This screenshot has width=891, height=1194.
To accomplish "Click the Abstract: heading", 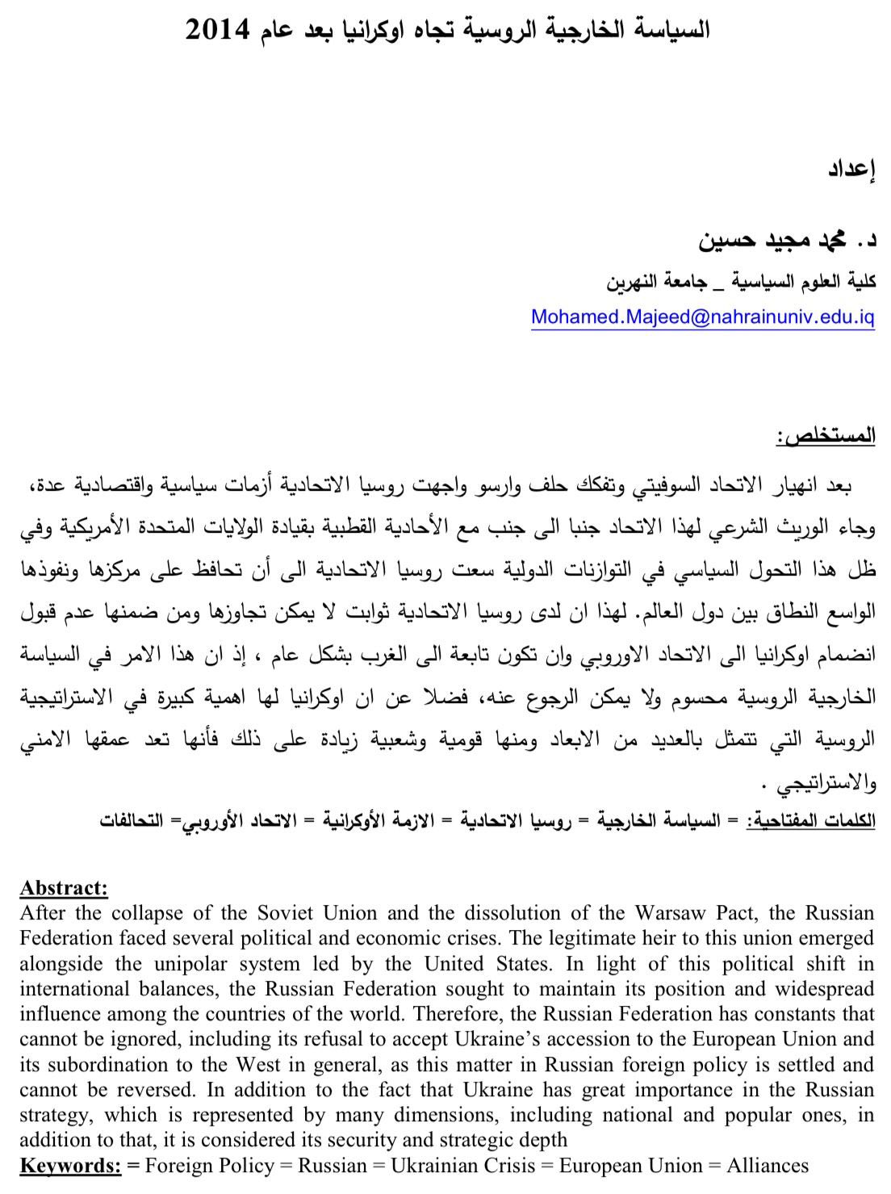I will point(63,888).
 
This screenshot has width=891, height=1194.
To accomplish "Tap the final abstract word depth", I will point(544,1140).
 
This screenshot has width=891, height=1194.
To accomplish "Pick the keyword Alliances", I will point(767,1166).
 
